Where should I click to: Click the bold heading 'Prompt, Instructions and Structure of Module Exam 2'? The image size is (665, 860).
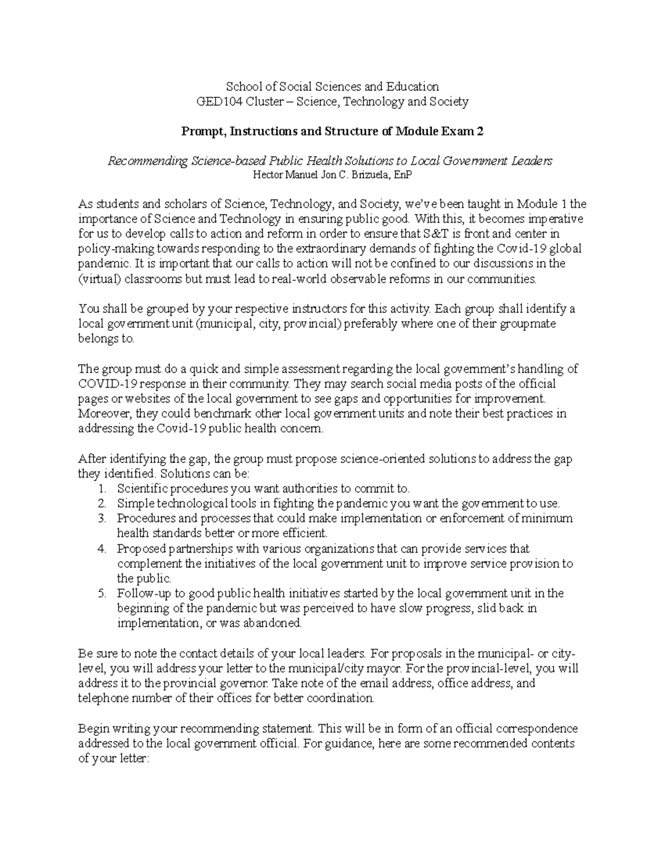click(x=332, y=132)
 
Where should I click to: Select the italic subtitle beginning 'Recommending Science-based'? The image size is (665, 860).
click(x=330, y=161)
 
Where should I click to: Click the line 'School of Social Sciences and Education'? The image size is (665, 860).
click(x=332, y=86)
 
